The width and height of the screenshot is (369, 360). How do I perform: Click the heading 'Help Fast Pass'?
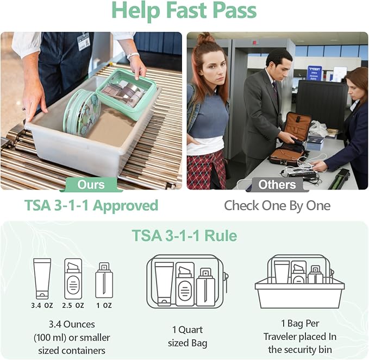click(x=184, y=11)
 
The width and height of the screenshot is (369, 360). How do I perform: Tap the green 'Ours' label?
click(x=91, y=185)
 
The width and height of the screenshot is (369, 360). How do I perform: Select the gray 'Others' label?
click(x=277, y=185)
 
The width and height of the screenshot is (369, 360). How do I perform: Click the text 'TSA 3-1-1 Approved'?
click(x=91, y=206)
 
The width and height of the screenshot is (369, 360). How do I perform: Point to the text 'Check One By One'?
click(x=277, y=206)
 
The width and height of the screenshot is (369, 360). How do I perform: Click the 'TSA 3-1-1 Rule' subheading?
click(x=184, y=236)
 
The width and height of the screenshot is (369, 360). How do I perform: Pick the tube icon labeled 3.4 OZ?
click(x=42, y=278)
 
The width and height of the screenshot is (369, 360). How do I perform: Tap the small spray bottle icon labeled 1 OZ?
click(x=104, y=281)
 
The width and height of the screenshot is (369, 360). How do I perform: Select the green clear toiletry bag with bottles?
click(x=126, y=92)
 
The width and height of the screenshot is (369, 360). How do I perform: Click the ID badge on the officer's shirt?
click(x=83, y=41)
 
